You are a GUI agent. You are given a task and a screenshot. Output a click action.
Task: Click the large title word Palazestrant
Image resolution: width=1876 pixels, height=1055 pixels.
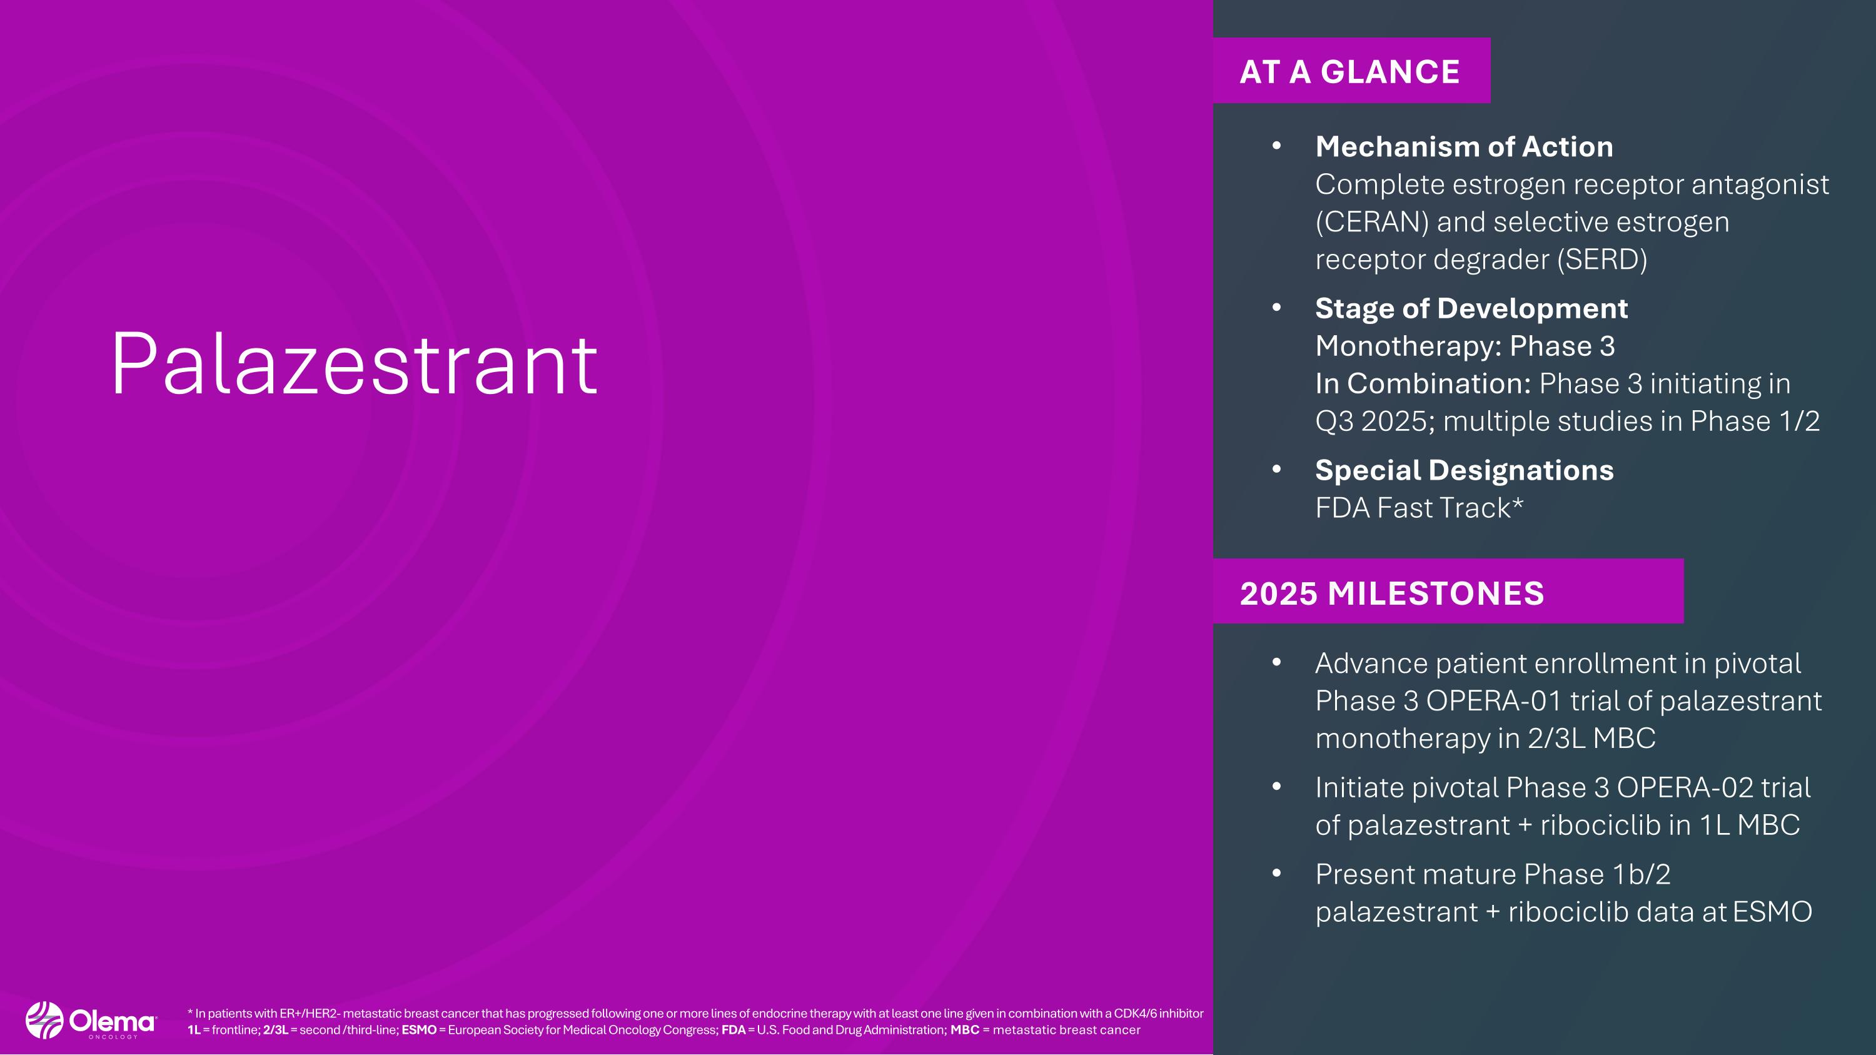coord(354,364)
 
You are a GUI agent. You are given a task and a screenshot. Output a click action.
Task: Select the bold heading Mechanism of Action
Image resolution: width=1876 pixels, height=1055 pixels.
coord(1464,146)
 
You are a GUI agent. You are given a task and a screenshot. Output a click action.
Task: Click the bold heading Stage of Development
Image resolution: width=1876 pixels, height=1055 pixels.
coord(1471,308)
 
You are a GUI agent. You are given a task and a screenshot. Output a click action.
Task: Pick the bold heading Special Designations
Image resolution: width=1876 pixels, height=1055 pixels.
coord(1464,470)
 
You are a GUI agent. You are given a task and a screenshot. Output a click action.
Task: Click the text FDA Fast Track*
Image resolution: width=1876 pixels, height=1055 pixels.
coord(1419,507)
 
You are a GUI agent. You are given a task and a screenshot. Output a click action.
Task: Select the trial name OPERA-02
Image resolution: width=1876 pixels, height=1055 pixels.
coord(1685,787)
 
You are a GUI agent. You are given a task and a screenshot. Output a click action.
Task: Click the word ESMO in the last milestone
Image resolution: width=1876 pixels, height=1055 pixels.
coord(1772,912)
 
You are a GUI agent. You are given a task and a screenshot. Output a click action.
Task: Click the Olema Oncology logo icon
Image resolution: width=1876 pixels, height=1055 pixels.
coord(44,1020)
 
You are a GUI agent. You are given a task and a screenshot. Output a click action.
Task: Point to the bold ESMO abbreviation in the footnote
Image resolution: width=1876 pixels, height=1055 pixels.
coord(419,1029)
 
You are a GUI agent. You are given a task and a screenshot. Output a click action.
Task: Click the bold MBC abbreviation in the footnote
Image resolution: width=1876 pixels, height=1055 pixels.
coord(964,1029)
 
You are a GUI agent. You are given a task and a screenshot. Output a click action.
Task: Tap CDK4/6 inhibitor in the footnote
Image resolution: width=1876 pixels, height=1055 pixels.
coord(1158,1012)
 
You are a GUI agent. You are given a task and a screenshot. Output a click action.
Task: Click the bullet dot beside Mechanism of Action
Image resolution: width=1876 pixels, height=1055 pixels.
coord(1276,146)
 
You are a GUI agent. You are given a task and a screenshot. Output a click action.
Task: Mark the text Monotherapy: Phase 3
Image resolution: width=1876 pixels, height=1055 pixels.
coord(1465,346)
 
